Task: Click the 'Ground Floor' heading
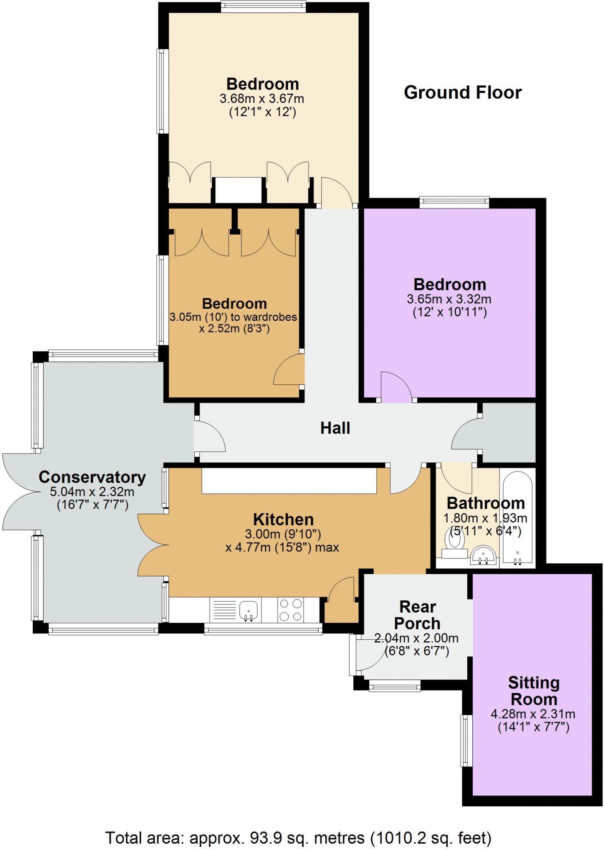(x=462, y=92)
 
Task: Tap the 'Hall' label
(x=335, y=428)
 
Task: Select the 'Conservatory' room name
(x=92, y=477)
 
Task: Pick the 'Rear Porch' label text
(x=417, y=615)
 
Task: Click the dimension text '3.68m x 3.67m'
(x=262, y=99)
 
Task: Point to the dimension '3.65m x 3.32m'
(x=449, y=299)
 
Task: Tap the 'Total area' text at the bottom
(x=298, y=838)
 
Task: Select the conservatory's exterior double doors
(x=19, y=492)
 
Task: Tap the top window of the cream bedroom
(x=263, y=7)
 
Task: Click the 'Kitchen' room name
(x=283, y=519)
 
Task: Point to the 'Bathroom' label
(x=486, y=503)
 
